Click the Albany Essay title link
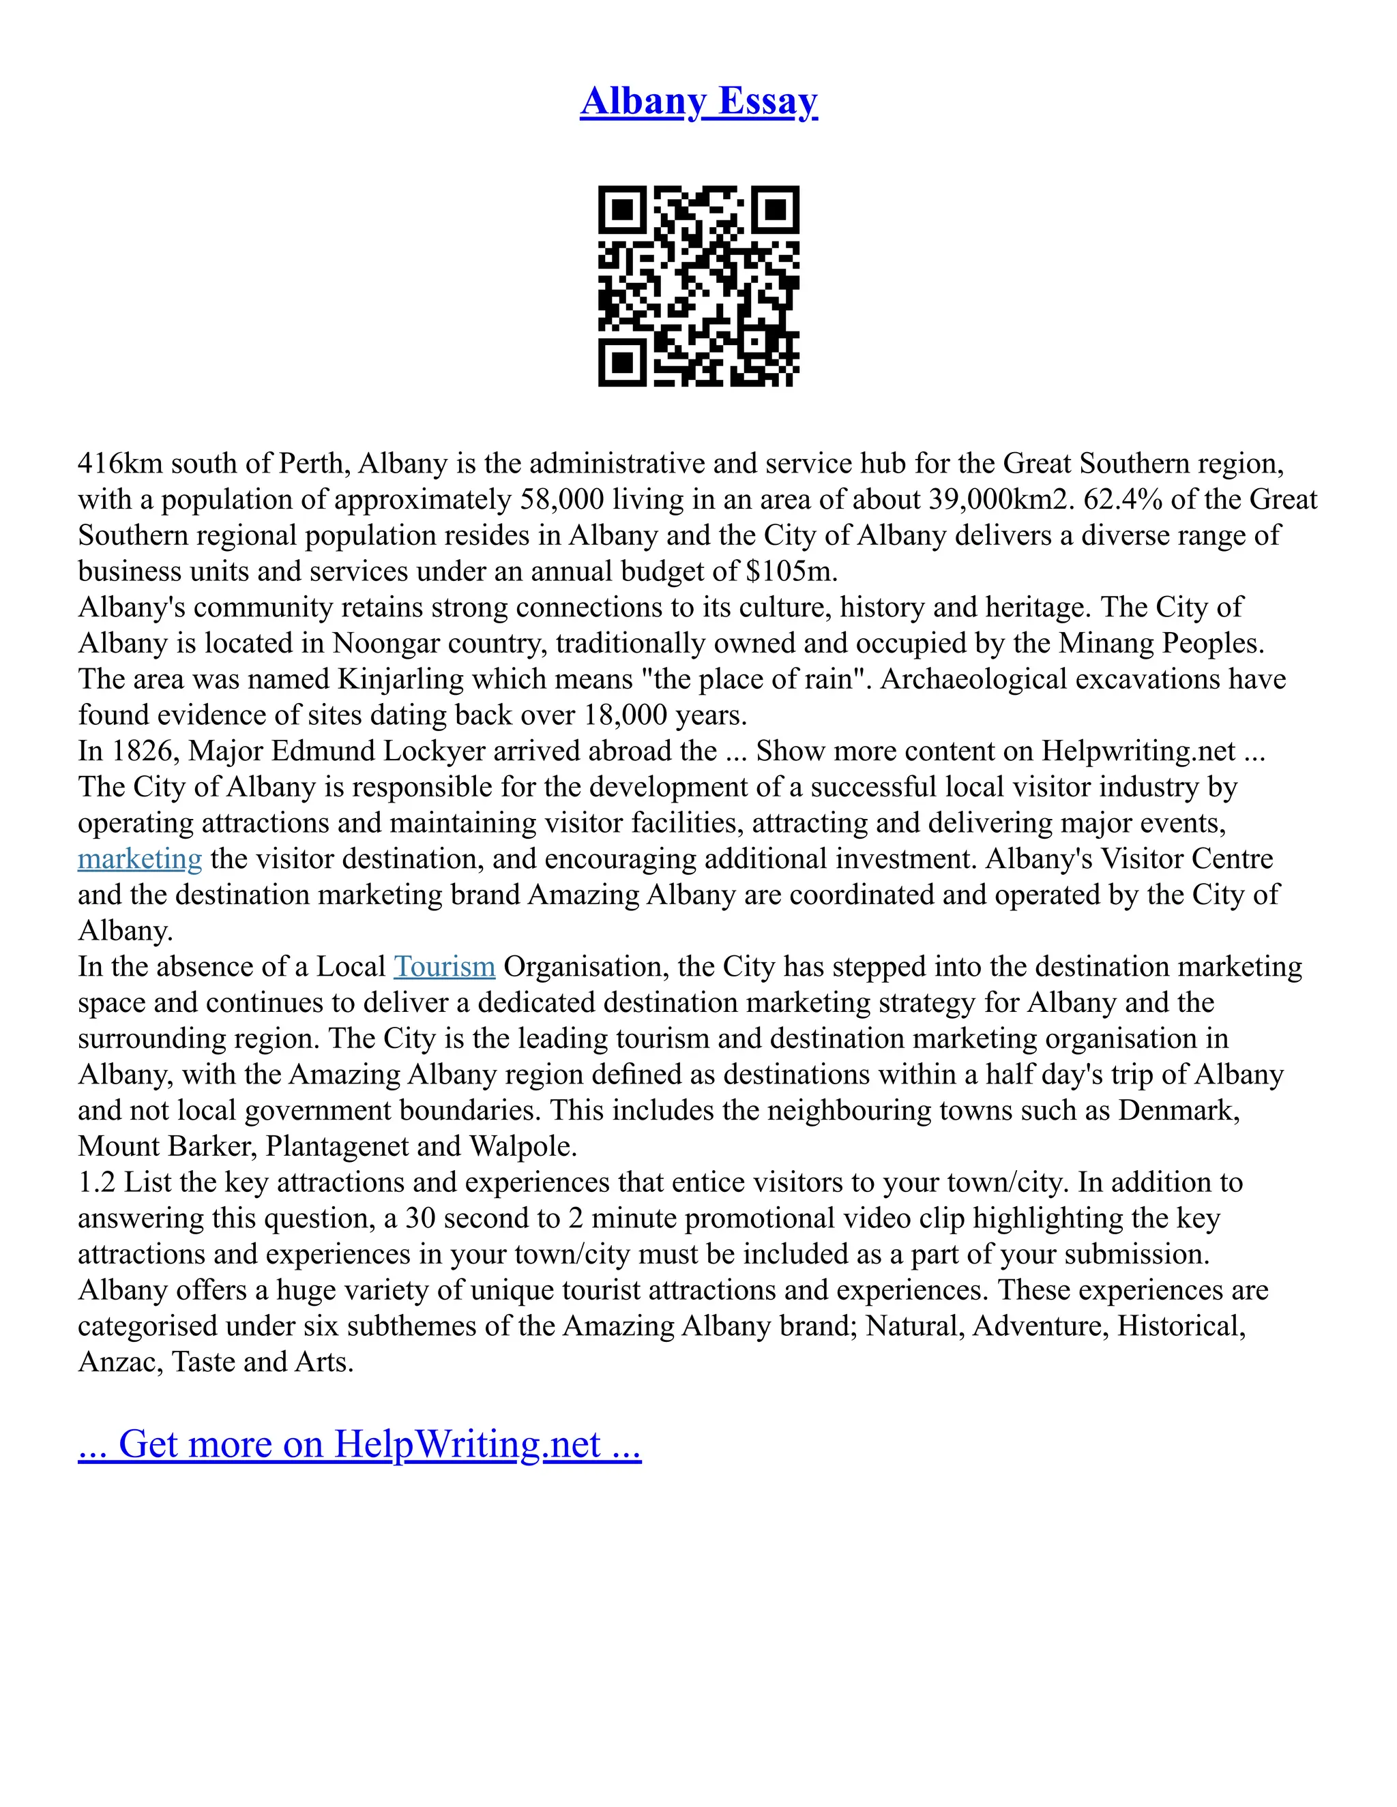[x=698, y=102]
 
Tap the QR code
[x=698, y=286]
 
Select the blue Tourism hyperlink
[x=445, y=966]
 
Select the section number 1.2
[x=97, y=1182]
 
